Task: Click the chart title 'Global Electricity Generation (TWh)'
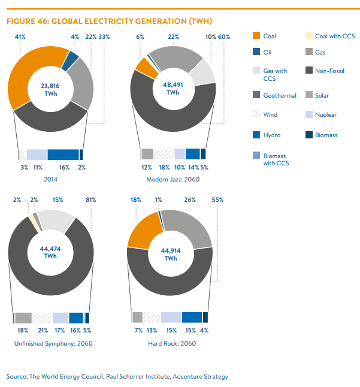click(x=109, y=22)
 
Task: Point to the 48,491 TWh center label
click(x=173, y=89)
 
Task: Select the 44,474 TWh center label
click(x=50, y=251)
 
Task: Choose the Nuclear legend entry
click(x=325, y=114)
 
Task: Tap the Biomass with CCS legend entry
click(x=274, y=159)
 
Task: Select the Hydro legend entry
click(x=271, y=135)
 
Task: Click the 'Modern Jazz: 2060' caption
click(x=173, y=180)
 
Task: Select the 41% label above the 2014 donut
click(x=20, y=37)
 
